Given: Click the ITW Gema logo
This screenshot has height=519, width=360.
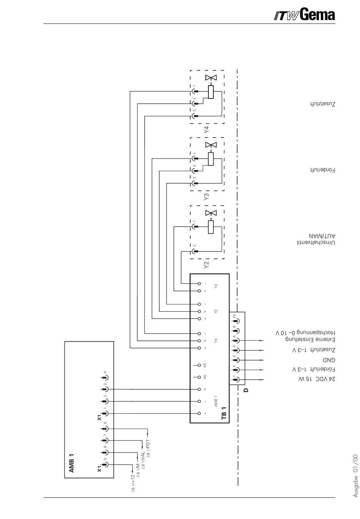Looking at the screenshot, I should click(x=304, y=15).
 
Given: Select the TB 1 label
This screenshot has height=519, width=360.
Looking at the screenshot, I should click(x=224, y=413).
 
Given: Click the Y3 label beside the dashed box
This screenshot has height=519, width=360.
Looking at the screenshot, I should click(x=207, y=197).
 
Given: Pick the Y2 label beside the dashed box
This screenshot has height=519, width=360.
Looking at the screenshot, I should click(x=207, y=265).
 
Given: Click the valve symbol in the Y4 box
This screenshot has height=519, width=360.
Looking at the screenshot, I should click(x=211, y=78).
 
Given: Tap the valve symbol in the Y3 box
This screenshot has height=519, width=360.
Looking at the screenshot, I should click(x=211, y=145).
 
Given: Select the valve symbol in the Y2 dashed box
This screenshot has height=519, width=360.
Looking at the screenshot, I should click(x=211, y=213).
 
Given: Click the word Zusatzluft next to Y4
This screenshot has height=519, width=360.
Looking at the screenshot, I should click(x=322, y=104).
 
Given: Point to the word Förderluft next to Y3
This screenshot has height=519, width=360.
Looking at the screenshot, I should click(x=322, y=170).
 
